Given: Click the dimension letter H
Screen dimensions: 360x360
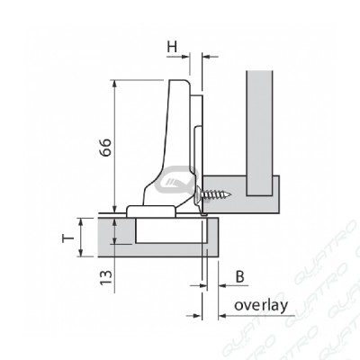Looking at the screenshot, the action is tap(172, 47).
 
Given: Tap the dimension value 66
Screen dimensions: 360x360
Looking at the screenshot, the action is tap(105, 148).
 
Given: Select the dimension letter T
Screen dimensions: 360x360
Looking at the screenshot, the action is tap(68, 238).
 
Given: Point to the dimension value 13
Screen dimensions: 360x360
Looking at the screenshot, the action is tap(105, 277).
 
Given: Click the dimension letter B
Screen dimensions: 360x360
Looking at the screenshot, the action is tap(239, 277).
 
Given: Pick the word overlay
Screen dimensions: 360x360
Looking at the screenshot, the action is tap(261, 306).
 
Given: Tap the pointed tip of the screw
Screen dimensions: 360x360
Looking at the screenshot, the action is tap(231, 196).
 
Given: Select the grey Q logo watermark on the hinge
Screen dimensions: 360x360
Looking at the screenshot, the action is tap(177, 181).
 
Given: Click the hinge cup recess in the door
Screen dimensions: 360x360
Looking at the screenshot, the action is tap(171, 230).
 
